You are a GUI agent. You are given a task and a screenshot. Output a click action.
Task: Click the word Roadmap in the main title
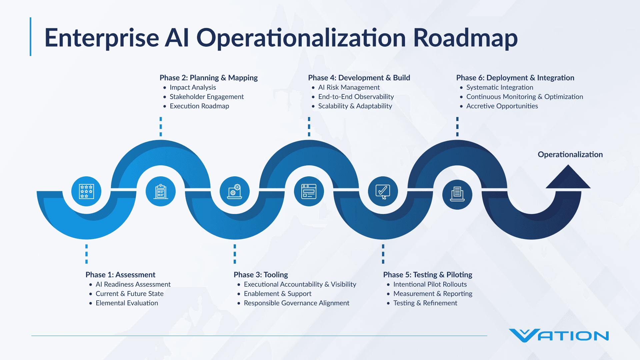pos(465,38)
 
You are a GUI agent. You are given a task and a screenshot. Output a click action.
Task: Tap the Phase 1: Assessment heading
pos(120,275)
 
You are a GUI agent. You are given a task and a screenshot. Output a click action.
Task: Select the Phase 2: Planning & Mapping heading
pos(208,78)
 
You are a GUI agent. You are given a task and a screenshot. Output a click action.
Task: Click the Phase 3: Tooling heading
pos(261,275)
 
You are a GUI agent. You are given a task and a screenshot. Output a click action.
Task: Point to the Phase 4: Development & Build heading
pos(359,78)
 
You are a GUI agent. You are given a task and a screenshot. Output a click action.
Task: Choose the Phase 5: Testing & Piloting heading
pos(428,275)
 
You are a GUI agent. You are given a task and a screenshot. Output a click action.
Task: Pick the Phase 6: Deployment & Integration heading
pos(515,78)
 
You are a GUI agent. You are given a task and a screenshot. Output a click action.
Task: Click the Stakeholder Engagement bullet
pos(207,97)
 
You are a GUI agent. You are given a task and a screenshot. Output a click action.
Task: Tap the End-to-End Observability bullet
pos(356,97)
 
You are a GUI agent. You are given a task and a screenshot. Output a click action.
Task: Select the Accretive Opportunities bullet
pos(502,106)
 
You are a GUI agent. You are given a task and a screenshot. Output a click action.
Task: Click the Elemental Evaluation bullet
pos(127,303)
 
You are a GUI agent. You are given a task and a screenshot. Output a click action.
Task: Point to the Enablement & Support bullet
pos(277,294)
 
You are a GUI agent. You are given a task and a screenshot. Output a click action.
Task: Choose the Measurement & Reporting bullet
pos(433,294)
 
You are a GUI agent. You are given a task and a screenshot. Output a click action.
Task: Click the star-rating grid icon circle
pos(86,191)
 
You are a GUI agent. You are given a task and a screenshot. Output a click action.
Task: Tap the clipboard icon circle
pos(161,191)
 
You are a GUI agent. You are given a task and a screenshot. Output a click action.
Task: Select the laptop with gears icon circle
pos(235,191)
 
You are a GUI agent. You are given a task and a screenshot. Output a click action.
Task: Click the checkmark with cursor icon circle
pos(383,191)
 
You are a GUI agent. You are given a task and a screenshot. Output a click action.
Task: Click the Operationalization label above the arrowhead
pos(570,154)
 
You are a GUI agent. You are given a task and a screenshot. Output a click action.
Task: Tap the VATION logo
pos(559,336)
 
